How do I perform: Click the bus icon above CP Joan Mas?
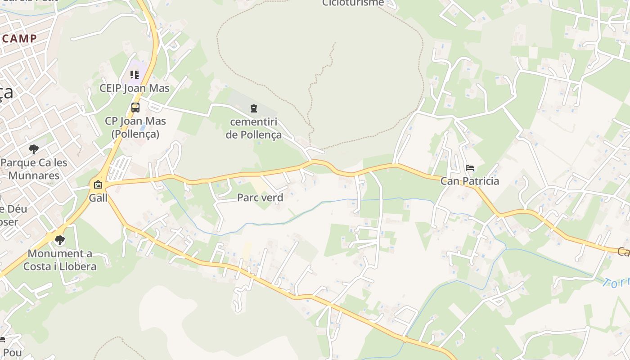pos(135,108)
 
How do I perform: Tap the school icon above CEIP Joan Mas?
pos(135,74)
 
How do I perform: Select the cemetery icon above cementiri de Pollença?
pos(254,108)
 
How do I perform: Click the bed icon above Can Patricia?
pos(470,168)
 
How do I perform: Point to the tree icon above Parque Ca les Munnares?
pos(34,149)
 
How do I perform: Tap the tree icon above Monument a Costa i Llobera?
pos(60,240)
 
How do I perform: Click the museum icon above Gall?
pos(98,184)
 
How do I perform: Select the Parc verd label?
pos(260,198)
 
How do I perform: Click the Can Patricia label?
pos(470,181)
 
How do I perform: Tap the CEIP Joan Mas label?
pos(135,88)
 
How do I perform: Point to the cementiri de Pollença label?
pos(254,128)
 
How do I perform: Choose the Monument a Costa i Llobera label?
pos(60,260)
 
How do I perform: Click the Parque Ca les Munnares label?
pos(34,169)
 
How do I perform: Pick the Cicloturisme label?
pos(353,3)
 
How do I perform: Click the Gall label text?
pos(98,198)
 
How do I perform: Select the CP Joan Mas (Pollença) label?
pos(135,127)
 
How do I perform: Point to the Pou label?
pos(12,353)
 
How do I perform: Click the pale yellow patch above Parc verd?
pos(260,185)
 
